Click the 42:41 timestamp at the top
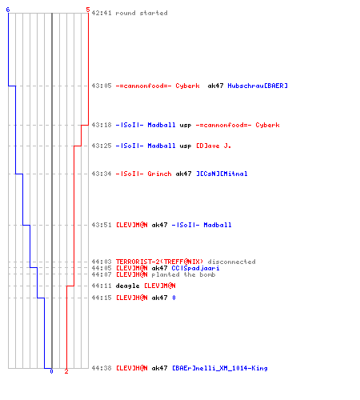click(x=102, y=13)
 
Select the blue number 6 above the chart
click(x=8, y=10)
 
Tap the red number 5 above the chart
click(x=88, y=10)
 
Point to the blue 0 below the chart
click(x=51, y=371)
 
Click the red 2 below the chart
click(x=66, y=371)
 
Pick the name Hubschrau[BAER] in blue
click(x=258, y=86)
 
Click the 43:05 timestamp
click(x=102, y=86)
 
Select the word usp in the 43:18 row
click(x=186, y=126)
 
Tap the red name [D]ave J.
click(x=214, y=146)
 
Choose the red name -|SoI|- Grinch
click(x=143, y=174)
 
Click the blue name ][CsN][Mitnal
click(x=222, y=174)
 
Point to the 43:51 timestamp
click(x=102, y=225)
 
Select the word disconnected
click(x=231, y=262)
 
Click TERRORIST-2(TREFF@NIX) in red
click(x=159, y=262)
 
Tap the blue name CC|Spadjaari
click(x=195, y=268)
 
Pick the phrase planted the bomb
click(x=183, y=274)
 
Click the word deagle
click(x=127, y=286)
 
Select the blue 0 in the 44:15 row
click(x=174, y=298)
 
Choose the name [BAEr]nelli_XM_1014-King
click(x=220, y=368)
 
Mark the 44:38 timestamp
click(x=102, y=368)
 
